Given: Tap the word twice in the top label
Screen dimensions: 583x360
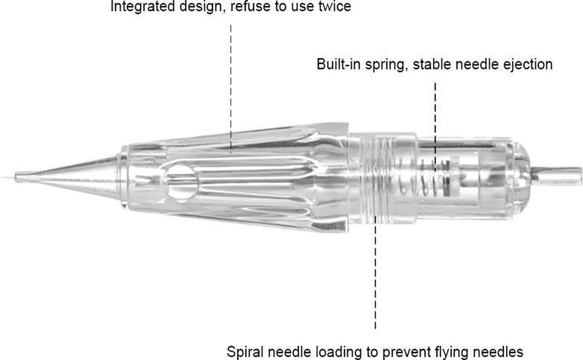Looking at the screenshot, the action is coord(334,7).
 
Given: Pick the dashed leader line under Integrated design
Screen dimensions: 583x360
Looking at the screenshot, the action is coord(231,83).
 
